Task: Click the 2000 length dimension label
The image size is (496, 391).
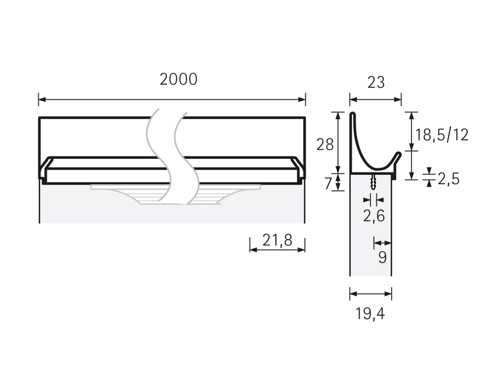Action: coord(178,79)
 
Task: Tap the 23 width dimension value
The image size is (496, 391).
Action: coord(376,83)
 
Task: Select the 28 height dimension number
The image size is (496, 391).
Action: coord(325,145)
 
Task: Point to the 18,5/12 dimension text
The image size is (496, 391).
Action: coord(441,135)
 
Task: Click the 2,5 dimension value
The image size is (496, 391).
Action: coord(449,179)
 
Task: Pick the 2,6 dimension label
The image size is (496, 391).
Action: coord(374,216)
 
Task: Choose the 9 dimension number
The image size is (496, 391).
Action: coord(382,258)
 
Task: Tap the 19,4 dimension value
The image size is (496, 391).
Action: coord(370,314)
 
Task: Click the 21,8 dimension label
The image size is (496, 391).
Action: coord(277,240)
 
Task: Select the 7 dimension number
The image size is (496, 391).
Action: coord(328,184)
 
